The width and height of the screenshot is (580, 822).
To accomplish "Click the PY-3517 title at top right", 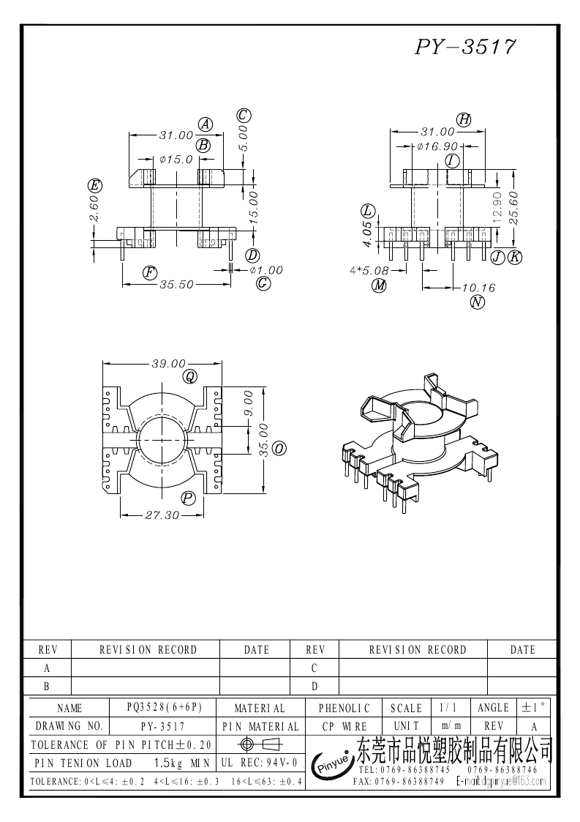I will point(465,47).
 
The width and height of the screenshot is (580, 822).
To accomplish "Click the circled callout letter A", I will point(206,124).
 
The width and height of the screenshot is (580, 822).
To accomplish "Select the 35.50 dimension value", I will point(176,284).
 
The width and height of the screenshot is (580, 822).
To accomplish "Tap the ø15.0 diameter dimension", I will point(176,159).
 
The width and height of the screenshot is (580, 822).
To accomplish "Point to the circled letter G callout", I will point(264,284).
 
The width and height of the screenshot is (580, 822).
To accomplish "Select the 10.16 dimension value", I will point(478,288).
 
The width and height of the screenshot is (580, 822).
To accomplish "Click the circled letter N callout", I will point(478,302).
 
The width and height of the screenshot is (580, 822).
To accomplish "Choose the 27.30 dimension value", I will point(162,515).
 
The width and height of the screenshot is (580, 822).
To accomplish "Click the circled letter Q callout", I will point(190,376).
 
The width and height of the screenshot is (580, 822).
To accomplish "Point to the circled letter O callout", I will point(279,448).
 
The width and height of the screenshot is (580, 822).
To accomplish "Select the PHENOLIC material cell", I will point(344,708).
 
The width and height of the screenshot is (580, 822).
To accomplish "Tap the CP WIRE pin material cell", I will point(344,726).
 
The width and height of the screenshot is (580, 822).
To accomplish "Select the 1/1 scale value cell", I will point(445,708).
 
